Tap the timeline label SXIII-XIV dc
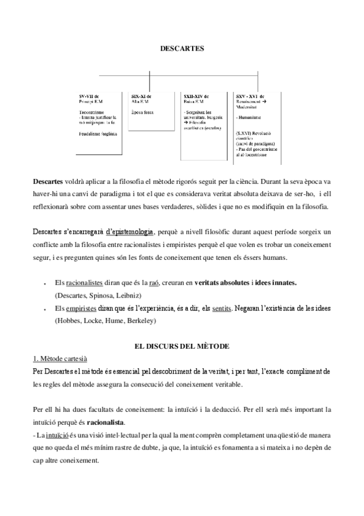[x=197, y=96]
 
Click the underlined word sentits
[x=221, y=309]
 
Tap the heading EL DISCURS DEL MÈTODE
[x=182, y=346]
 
